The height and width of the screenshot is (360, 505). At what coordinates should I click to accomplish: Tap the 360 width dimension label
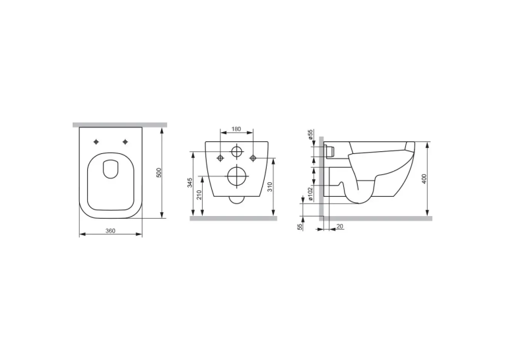click(x=110, y=231)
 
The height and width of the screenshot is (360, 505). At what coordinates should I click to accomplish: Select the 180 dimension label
click(x=236, y=129)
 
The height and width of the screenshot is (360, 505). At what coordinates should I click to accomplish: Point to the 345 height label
click(x=190, y=182)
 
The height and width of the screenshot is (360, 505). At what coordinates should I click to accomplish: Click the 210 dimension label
click(x=199, y=196)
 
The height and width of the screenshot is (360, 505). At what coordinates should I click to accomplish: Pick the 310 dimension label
click(x=270, y=187)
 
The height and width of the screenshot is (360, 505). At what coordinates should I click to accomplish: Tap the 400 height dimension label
click(x=424, y=179)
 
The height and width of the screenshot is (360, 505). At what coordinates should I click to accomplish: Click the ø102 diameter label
click(x=310, y=194)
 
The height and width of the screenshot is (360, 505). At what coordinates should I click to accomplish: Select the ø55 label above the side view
click(x=310, y=134)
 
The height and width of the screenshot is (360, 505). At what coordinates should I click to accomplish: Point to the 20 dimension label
click(x=339, y=227)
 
